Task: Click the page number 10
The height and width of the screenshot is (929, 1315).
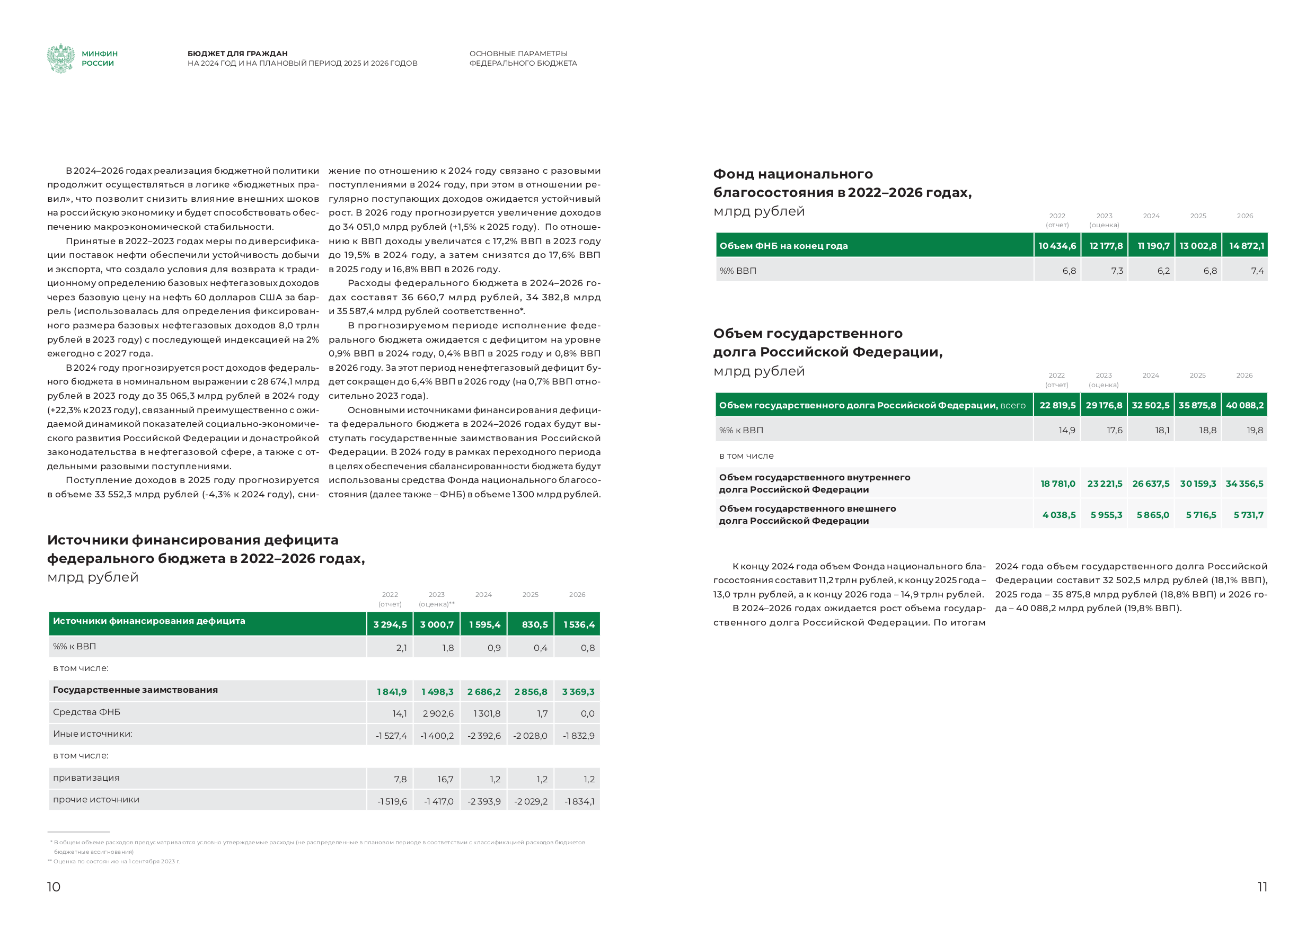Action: [x=54, y=887]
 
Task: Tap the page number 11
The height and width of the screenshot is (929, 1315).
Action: [x=1262, y=887]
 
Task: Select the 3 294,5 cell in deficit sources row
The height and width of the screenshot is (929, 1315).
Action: [x=390, y=624]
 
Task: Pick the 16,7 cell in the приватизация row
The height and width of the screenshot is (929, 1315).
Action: [x=445, y=779]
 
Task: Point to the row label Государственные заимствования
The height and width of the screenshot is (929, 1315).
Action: [x=136, y=690]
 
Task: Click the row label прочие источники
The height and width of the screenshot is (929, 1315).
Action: [x=96, y=800]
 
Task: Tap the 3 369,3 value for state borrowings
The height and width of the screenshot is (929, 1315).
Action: [x=578, y=692]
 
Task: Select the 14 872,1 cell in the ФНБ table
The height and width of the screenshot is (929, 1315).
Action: [x=1246, y=246]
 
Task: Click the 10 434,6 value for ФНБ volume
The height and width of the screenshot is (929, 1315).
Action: [x=1057, y=246]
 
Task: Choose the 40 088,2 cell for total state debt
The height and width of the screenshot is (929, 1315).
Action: [x=1245, y=405]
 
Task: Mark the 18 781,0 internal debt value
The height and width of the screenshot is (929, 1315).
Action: [x=1058, y=484]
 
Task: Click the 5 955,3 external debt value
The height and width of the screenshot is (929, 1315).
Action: [x=1106, y=515]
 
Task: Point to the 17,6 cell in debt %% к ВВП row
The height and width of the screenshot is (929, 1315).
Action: [x=1115, y=431]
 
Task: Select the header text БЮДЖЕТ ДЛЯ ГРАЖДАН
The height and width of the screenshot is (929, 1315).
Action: [x=237, y=54]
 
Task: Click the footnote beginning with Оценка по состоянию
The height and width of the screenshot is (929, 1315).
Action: [x=114, y=861]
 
